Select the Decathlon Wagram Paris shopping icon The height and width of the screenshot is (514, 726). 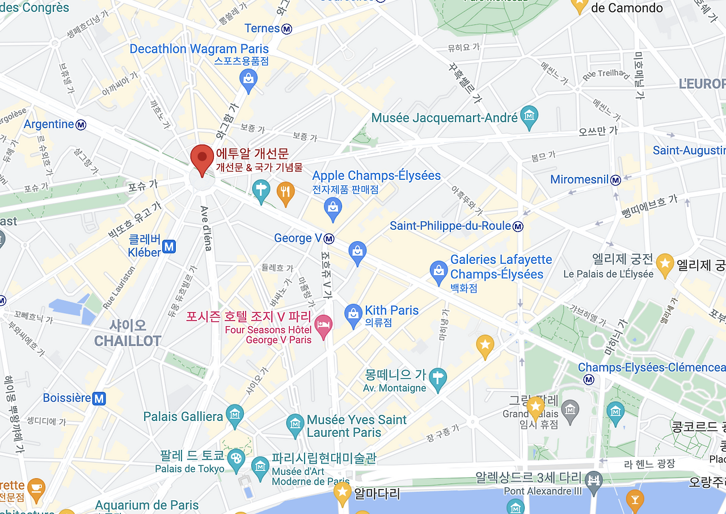tap(248, 80)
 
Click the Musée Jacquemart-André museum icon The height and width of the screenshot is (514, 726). tap(529, 116)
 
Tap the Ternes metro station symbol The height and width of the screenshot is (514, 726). tap(287, 28)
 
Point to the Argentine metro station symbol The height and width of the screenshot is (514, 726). tap(81, 124)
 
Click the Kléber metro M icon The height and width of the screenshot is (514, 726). tap(168, 246)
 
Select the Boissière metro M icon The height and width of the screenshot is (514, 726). tap(99, 398)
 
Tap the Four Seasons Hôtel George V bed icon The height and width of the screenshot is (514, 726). tap(323, 326)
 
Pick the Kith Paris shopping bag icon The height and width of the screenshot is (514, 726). tap(353, 314)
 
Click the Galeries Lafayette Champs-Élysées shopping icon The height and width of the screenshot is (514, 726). tap(438, 272)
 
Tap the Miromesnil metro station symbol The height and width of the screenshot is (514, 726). tap(615, 180)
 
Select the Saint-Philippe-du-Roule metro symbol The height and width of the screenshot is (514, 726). tap(518, 227)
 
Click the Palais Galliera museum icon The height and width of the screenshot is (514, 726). tap(234, 416)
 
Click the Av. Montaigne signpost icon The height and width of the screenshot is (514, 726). tap(437, 378)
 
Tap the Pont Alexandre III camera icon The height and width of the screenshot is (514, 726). tap(593, 479)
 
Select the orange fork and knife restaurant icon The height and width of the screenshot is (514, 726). tap(285, 192)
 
